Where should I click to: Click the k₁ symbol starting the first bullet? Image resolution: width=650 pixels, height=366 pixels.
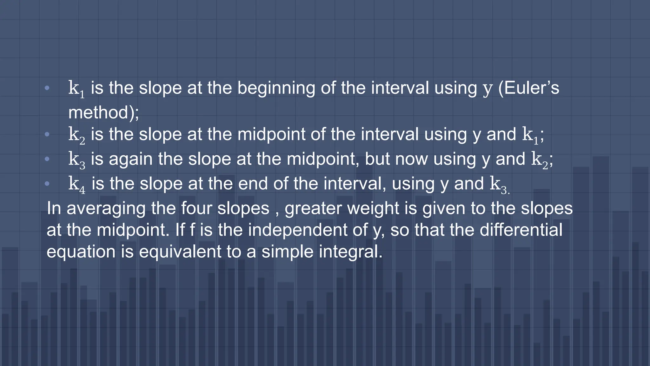(76, 89)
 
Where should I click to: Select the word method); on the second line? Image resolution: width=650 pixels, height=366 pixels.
(103, 112)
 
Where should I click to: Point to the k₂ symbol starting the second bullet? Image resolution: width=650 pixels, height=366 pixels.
(76, 135)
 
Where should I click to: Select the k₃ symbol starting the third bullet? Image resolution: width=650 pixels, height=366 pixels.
(76, 159)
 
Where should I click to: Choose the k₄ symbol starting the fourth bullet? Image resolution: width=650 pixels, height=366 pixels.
(76, 184)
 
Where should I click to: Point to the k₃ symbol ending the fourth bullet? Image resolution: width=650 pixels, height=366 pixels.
(499, 184)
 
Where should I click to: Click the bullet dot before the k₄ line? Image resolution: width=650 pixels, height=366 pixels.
(47, 184)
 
